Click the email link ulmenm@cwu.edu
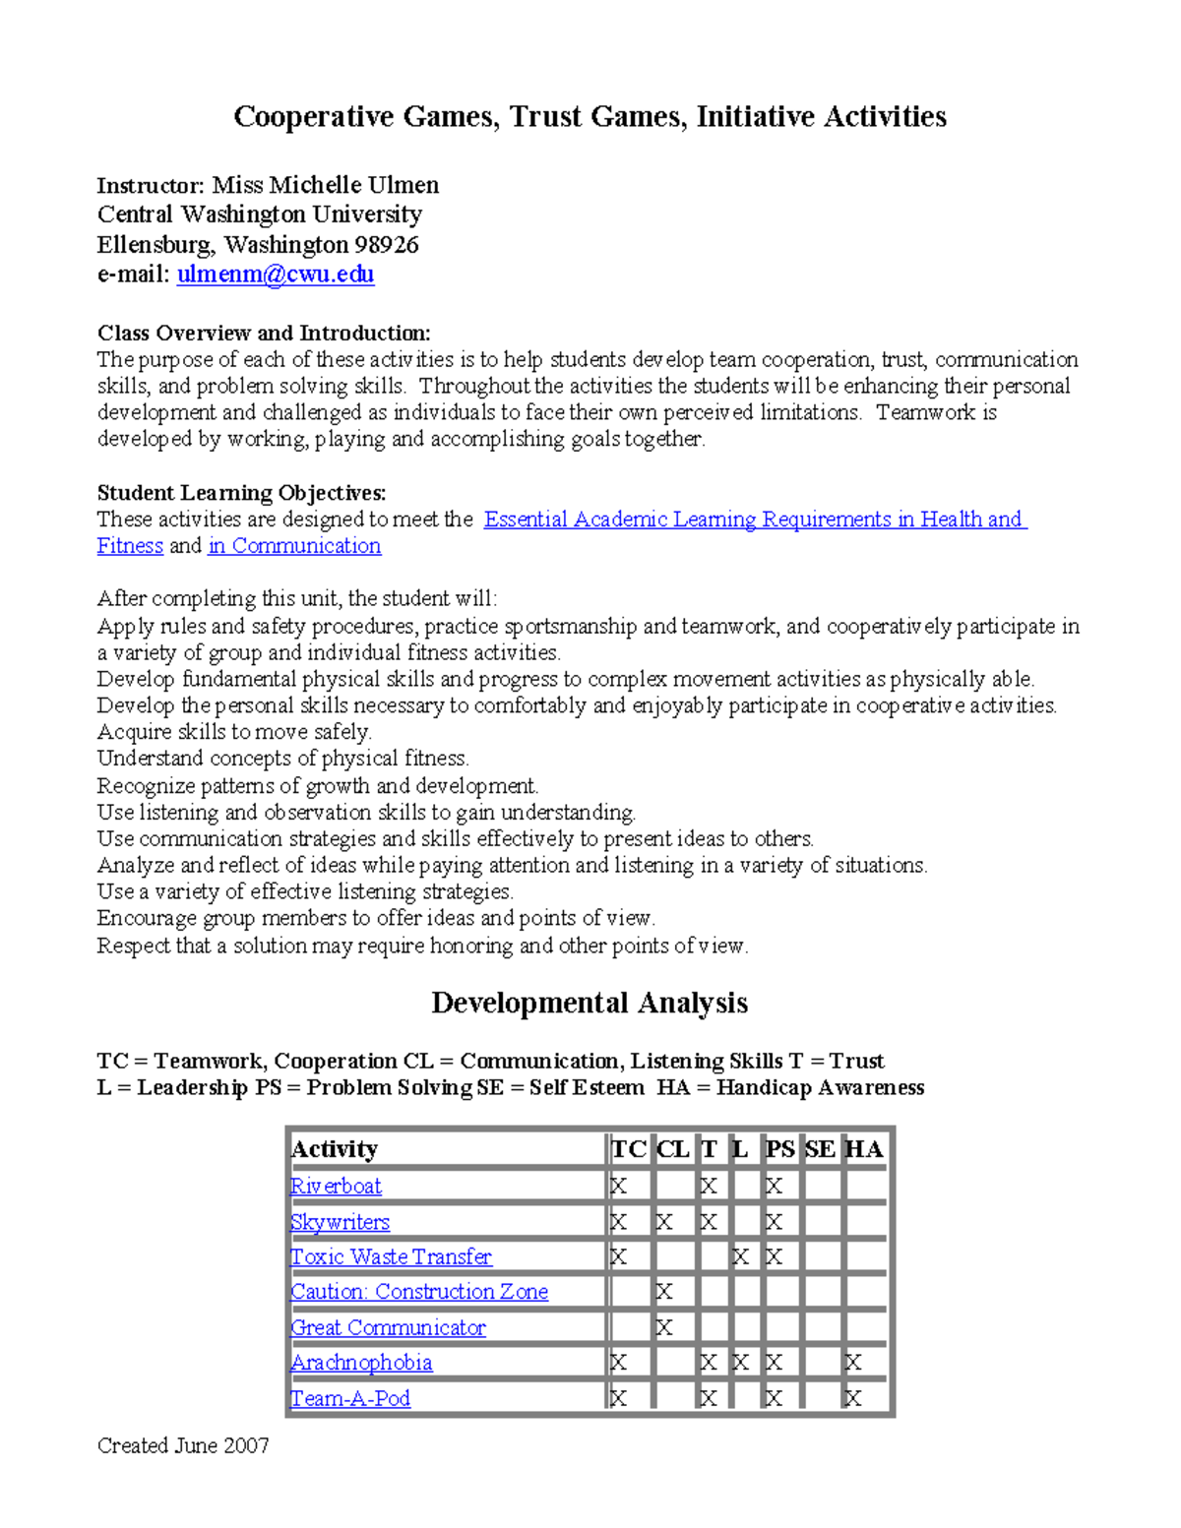275,274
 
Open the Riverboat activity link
336,1187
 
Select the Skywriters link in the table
340,1222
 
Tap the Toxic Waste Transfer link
391,1256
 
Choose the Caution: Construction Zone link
419,1292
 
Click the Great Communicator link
388,1327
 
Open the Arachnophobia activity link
361,1363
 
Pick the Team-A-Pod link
350,1398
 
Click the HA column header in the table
864,1149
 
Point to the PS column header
779,1149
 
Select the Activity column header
335,1149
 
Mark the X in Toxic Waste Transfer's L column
741,1257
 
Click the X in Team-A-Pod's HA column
853,1399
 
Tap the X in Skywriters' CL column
664,1223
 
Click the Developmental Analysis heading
590,1003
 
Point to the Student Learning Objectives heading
241,492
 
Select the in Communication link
294,546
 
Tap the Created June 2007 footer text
183,1445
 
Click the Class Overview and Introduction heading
264,333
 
